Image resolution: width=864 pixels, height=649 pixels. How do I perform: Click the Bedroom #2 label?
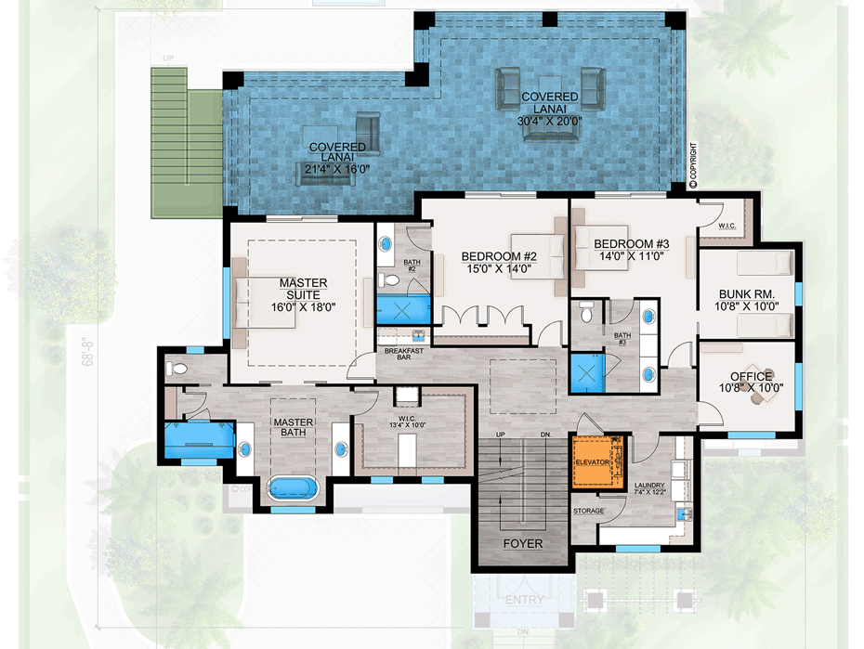pyautogui.click(x=500, y=256)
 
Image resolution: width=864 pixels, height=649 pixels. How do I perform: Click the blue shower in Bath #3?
pyautogui.click(x=587, y=372)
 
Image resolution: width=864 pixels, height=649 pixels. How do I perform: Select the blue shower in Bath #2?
pyautogui.click(x=403, y=309)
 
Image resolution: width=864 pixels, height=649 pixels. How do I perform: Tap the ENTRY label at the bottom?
pyautogui.click(x=524, y=600)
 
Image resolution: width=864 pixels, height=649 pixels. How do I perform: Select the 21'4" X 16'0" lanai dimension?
pyautogui.click(x=338, y=169)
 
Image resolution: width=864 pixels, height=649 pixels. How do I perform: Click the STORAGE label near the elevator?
pyautogui.click(x=588, y=512)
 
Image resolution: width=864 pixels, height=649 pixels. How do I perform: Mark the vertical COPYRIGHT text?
pyautogui.click(x=693, y=165)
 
